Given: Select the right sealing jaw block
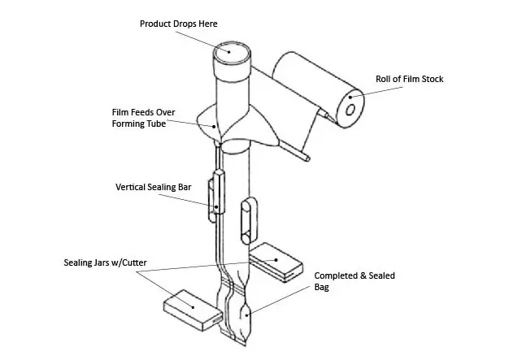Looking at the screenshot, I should point(276,265).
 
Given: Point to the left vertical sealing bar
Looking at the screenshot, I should point(215,195).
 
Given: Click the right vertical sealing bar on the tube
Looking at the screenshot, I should point(247,219).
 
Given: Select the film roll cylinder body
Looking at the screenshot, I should point(313,85).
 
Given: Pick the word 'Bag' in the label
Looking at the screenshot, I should point(323,287).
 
